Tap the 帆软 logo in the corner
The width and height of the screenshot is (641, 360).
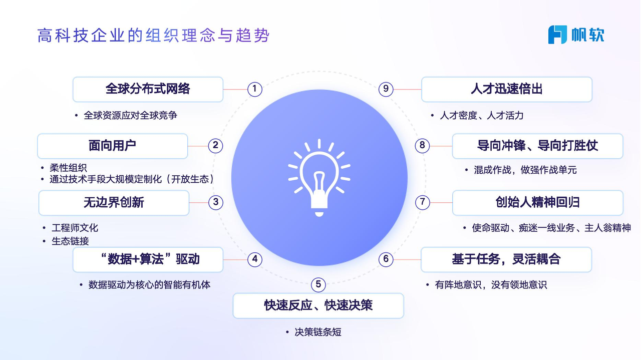pos(576,35)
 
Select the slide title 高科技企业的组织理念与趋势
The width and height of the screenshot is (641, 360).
pos(154,36)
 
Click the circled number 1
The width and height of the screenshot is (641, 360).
pos(255,89)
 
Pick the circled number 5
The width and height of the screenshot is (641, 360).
pos(318,284)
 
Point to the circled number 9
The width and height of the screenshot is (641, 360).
pos(386,89)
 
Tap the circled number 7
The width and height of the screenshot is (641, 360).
pos(423,202)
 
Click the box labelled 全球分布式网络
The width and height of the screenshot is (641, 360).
pos(148,90)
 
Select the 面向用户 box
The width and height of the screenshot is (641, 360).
pos(113,146)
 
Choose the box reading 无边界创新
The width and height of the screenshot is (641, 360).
pos(114,203)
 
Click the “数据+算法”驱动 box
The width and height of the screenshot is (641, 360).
pos(148,259)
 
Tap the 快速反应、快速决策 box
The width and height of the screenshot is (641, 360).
pos(318,305)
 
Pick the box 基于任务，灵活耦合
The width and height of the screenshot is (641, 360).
pos(506,259)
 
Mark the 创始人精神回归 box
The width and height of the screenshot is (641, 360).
pos(537,203)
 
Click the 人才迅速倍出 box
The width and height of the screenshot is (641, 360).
pos(507,90)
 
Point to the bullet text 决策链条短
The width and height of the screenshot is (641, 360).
pos(318,332)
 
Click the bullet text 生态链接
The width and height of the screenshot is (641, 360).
pos(70,241)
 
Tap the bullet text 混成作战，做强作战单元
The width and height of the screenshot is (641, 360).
pos(525,170)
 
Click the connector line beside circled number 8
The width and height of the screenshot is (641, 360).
pos(441,146)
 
